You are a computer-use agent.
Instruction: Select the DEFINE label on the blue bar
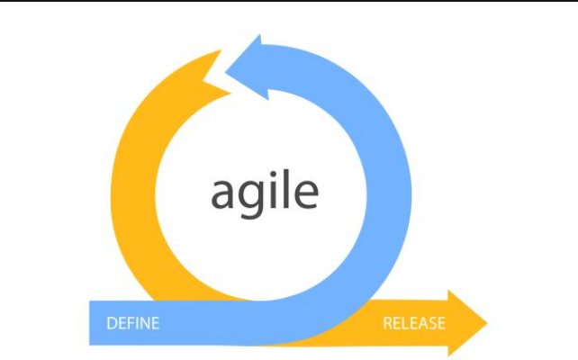[133, 323]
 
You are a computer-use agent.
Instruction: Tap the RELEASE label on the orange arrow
[414, 323]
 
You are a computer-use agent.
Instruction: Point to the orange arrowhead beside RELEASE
[467, 323]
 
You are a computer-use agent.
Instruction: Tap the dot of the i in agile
[273, 173]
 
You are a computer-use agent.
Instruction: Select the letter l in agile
[286, 189]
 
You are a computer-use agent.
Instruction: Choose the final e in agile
[307, 194]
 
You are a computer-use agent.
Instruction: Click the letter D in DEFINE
[112, 323]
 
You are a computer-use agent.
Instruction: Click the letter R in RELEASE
[388, 323]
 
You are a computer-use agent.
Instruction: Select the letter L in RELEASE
[406, 323]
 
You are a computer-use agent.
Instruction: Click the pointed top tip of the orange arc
[221, 50]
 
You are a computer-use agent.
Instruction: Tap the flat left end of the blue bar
[89, 323]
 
